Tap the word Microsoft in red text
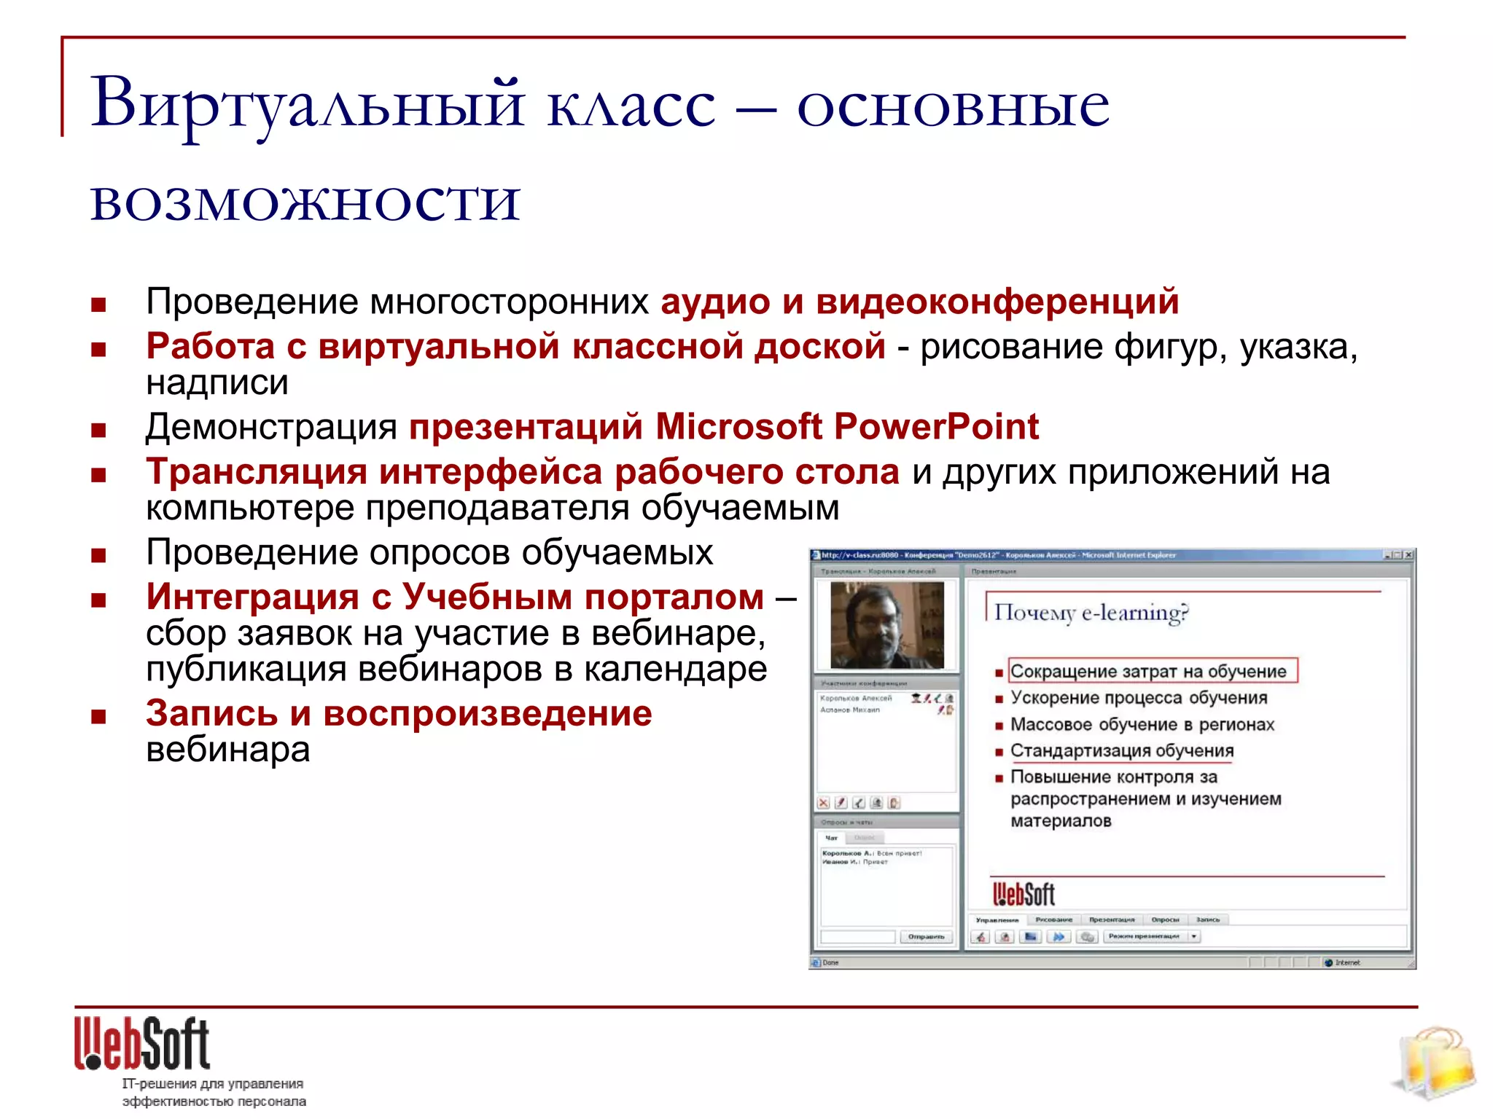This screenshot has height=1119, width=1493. click(738, 427)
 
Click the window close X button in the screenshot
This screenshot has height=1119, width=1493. click(1408, 555)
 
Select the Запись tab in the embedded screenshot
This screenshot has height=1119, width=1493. click(1207, 920)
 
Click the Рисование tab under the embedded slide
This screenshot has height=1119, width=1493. click(1053, 920)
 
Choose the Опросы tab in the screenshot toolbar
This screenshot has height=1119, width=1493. click(1164, 920)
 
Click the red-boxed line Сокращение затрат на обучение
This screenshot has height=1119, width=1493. click(1152, 671)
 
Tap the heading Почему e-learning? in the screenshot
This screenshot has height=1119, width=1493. click(1091, 613)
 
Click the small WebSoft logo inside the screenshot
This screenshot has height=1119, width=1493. click(1024, 894)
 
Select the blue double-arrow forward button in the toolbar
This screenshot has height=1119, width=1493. click(1059, 937)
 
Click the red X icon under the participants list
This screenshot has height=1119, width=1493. click(823, 803)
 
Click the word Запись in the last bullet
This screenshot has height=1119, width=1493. click(211, 713)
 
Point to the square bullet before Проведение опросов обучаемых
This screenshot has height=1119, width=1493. click(98, 556)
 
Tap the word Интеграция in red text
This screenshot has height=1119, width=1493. click(252, 597)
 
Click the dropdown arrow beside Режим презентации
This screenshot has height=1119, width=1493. click(1194, 937)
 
